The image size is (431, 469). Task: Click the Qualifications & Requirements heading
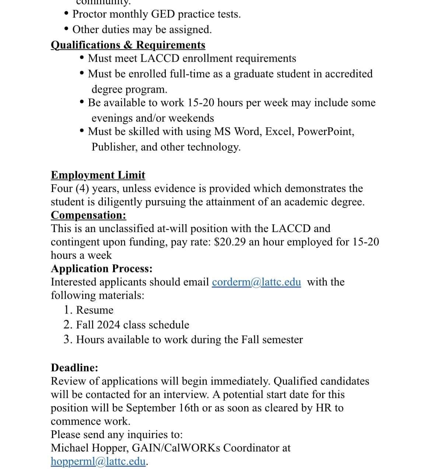click(128, 45)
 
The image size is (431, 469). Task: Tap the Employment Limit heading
click(98, 175)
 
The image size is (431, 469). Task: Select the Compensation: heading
click(88, 215)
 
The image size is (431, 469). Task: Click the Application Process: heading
click(102, 269)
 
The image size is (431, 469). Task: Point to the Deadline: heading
click(74, 368)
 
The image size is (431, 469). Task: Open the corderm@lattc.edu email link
click(256, 282)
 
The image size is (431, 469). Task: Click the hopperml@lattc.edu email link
click(99, 461)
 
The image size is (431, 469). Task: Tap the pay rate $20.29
click(230, 242)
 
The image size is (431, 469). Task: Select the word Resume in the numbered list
click(95, 310)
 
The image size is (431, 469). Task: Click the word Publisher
click(115, 147)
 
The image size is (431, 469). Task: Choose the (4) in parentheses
click(82, 189)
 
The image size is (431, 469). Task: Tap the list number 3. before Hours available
click(68, 340)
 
